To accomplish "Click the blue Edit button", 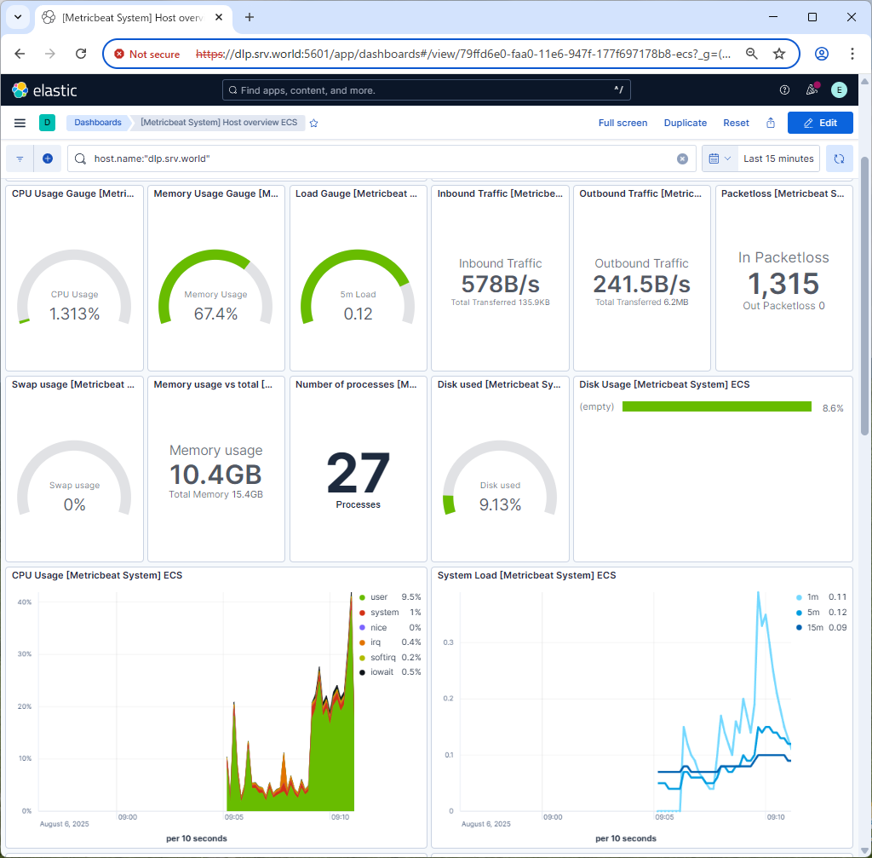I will tap(820, 123).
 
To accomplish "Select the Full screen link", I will tap(622, 123).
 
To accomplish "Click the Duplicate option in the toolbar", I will tap(685, 123).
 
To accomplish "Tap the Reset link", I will tap(736, 123).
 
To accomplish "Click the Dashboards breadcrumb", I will tap(97, 123).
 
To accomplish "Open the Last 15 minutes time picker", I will tap(779, 158).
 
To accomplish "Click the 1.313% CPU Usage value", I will tap(74, 314).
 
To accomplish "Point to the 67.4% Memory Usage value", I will tap(215, 314).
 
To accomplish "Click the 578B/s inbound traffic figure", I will tap(500, 284).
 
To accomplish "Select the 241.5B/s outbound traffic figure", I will tap(641, 284).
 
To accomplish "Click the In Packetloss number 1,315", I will tap(783, 284).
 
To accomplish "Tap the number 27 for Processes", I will tap(358, 474).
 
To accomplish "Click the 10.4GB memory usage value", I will tap(215, 475).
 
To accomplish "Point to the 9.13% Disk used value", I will tap(500, 505).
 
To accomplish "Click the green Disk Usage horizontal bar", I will tap(716, 407).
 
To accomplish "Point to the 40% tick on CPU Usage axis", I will tap(26, 602).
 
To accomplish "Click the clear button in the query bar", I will tap(682, 158).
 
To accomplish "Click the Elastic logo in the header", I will tap(44, 89).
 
